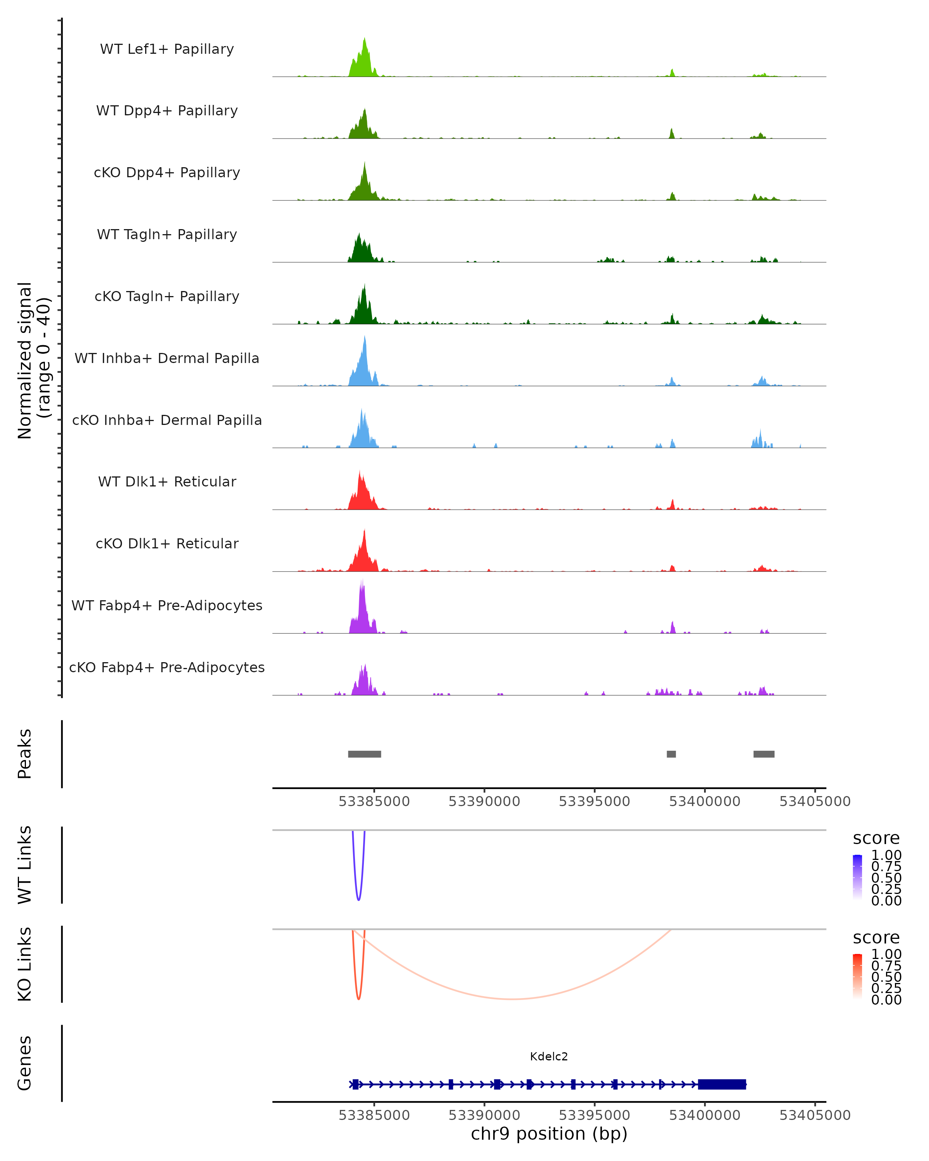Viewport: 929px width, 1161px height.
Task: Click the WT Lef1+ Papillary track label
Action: point(167,49)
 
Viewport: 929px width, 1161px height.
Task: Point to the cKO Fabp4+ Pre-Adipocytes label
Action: point(167,667)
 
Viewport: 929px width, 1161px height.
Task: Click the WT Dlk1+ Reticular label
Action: point(167,481)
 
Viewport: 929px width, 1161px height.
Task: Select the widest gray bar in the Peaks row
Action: point(365,754)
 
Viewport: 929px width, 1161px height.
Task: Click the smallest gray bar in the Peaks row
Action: point(671,754)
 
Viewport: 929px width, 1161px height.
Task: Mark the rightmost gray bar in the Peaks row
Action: point(764,754)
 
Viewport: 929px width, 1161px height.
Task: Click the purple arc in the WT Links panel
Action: point(359,898)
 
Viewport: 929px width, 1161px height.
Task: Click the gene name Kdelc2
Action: point(549,1057)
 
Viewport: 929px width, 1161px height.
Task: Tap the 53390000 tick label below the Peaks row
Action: point(484,802)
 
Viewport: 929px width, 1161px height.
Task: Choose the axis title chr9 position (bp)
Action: point(549,1134)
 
